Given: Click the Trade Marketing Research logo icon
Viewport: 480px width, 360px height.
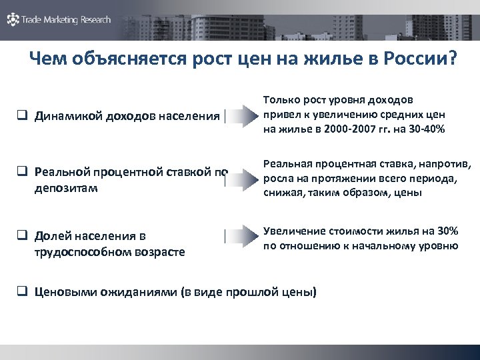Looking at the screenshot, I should [13, 20].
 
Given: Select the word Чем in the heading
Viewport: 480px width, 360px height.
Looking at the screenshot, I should [51, 61].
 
